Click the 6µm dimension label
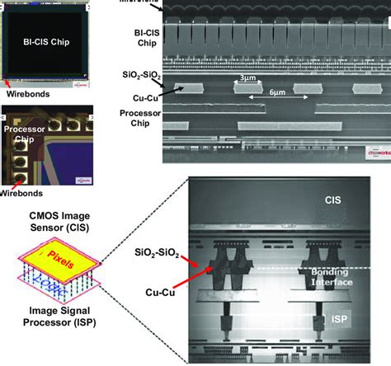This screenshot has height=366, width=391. [x=277, y=95]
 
